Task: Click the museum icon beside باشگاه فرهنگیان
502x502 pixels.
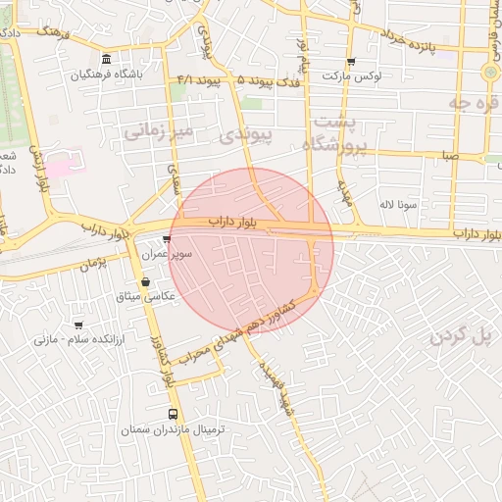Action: pos(106,59)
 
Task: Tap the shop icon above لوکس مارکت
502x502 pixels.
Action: pos(351,62)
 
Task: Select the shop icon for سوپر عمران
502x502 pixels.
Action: pos(168,238)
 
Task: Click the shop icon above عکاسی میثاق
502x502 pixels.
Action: pos(145,281)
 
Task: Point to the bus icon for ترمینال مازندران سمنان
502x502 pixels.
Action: pos(174,415)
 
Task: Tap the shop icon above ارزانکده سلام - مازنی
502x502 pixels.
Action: pos(78,325)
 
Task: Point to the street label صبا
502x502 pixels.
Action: pos(449,154)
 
